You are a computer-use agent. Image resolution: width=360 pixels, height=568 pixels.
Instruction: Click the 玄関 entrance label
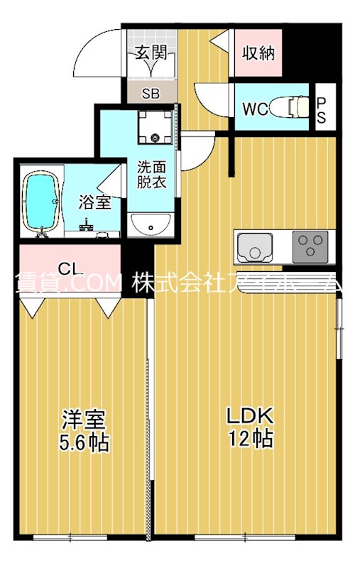tap(150, 52)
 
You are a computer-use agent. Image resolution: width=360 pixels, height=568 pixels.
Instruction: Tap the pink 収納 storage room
tap(258, 53)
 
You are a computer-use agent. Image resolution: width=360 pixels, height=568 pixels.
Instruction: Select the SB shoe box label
tap(150, 93)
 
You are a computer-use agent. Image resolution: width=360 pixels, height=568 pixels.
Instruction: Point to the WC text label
tap(255, 109)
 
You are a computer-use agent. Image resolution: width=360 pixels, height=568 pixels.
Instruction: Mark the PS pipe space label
tap(321, 110)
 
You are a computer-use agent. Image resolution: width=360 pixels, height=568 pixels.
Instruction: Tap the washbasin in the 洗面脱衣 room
tap(150, 224)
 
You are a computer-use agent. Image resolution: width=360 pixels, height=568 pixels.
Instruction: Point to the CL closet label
tap(69, 268)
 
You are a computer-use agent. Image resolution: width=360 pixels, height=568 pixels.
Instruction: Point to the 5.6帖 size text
tap(82, 443)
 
